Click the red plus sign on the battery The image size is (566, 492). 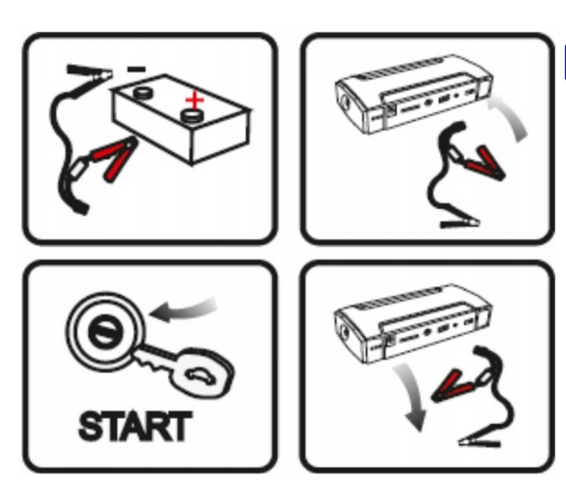click(x=196, y=99)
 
